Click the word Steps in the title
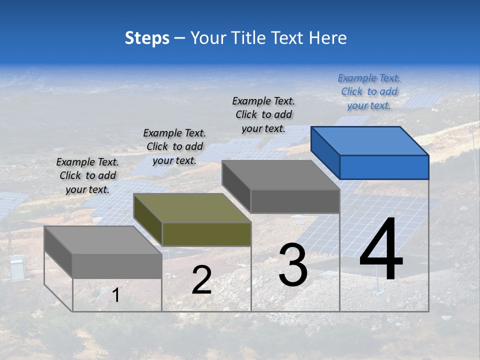(x=147, y=38)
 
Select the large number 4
(x=381, y=249)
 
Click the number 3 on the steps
(x=292, y=264)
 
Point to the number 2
(x=201, y=280)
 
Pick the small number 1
(x=116, y=295)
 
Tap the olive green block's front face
(x=206, y=234)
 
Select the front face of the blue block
(x=384, y=167)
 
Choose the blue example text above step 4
(x=369, y=91)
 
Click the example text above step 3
(x=263, y=114)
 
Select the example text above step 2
(x=174, y=146)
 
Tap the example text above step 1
(x=87, y=175)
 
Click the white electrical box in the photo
(x=17, y=267)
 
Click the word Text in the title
(x=288, y=38)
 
